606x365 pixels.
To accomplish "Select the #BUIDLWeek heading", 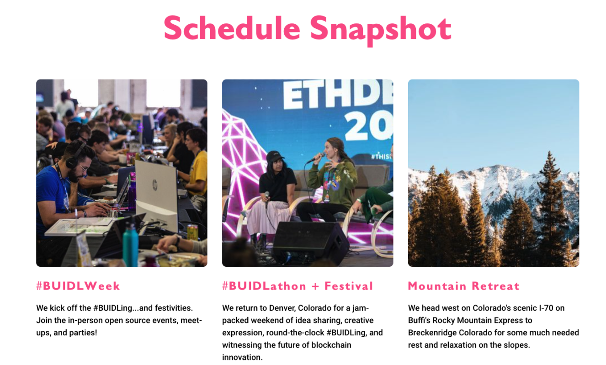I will pyautogui.click(x=78, y=286).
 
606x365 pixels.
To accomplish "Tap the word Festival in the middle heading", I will pyautogui.click(x=349, y=286).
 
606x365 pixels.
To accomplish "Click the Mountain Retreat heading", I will pyautogui.click(x=464, y=286).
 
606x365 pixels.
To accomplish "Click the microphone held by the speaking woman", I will pyautogui.click(x=315, y=159).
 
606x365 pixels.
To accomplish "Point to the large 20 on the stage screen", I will pyautogui.click(x=368, y=126).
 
